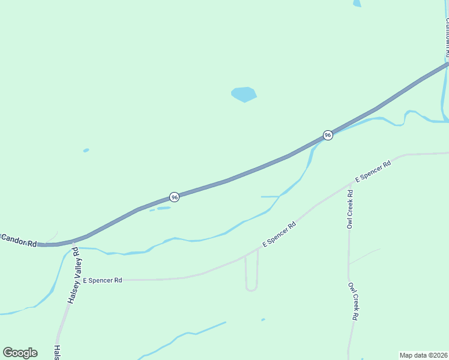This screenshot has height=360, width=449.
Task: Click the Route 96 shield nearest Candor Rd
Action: pos(174,197)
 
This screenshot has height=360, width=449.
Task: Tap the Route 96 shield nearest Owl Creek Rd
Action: pos(328,135)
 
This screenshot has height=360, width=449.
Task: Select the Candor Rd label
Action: pos(19,239)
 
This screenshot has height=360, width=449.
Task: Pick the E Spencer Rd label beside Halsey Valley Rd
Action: pos(103,280)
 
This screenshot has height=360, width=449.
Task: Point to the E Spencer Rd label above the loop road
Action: pos(280,235)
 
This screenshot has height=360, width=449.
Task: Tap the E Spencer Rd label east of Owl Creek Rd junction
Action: pos(373,171)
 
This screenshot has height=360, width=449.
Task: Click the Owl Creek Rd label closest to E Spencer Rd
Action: pos(349,209)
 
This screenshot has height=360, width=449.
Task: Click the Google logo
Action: pos(20,353)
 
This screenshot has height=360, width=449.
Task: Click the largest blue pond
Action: pos(244,94)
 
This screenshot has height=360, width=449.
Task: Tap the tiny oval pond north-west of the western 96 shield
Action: pos(86,150)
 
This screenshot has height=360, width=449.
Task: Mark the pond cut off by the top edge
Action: pos(357,3)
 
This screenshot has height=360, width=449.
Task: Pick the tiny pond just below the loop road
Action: pos(263,320)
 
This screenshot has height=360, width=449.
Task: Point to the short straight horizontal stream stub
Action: pos(270,196)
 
